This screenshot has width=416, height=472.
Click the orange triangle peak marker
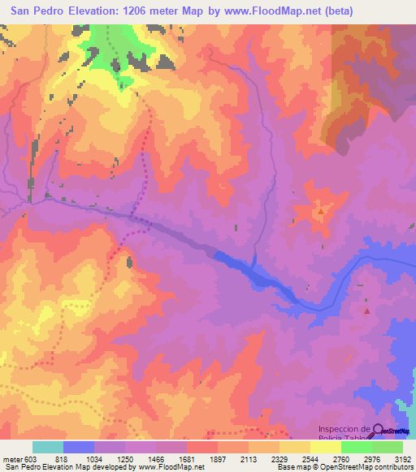point(321,212)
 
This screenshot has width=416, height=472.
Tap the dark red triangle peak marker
point(367,311)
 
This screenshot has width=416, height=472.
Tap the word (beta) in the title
point(386,11)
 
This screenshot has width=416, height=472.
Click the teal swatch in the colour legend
point(48,447)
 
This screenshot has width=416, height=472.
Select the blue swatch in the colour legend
point(79,447)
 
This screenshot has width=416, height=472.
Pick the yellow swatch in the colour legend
point(326,447)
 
